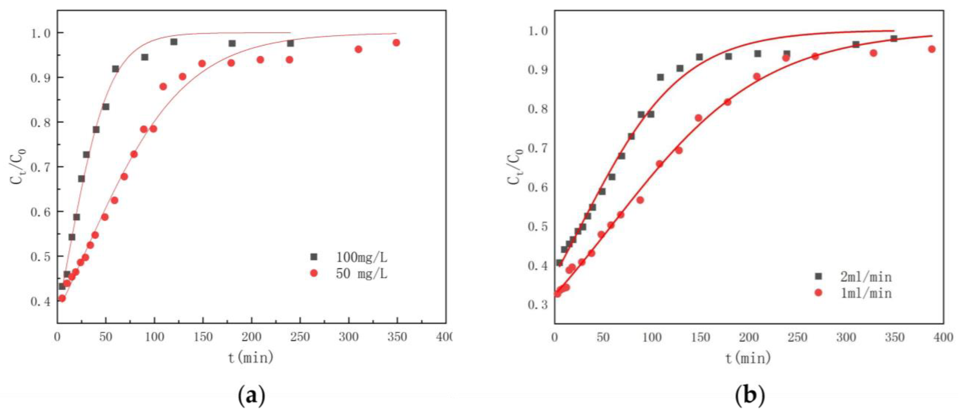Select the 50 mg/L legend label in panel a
click(x=361, y=274)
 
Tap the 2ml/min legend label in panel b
click(x=865, y=277)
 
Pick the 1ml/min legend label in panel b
click(x=865, y=293)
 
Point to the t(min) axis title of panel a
click(x=251, y=358)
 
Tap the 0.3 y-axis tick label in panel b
click(x=538, y=305)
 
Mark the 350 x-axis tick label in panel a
click(x=397, y=337)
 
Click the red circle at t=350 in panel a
click(x=396, y=43)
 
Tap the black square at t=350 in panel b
click(x=894, y=39)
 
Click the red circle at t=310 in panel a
click(x=358, y=49)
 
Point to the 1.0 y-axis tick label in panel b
click(x=538, y=31)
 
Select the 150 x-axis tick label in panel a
click(x=203, y=337)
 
